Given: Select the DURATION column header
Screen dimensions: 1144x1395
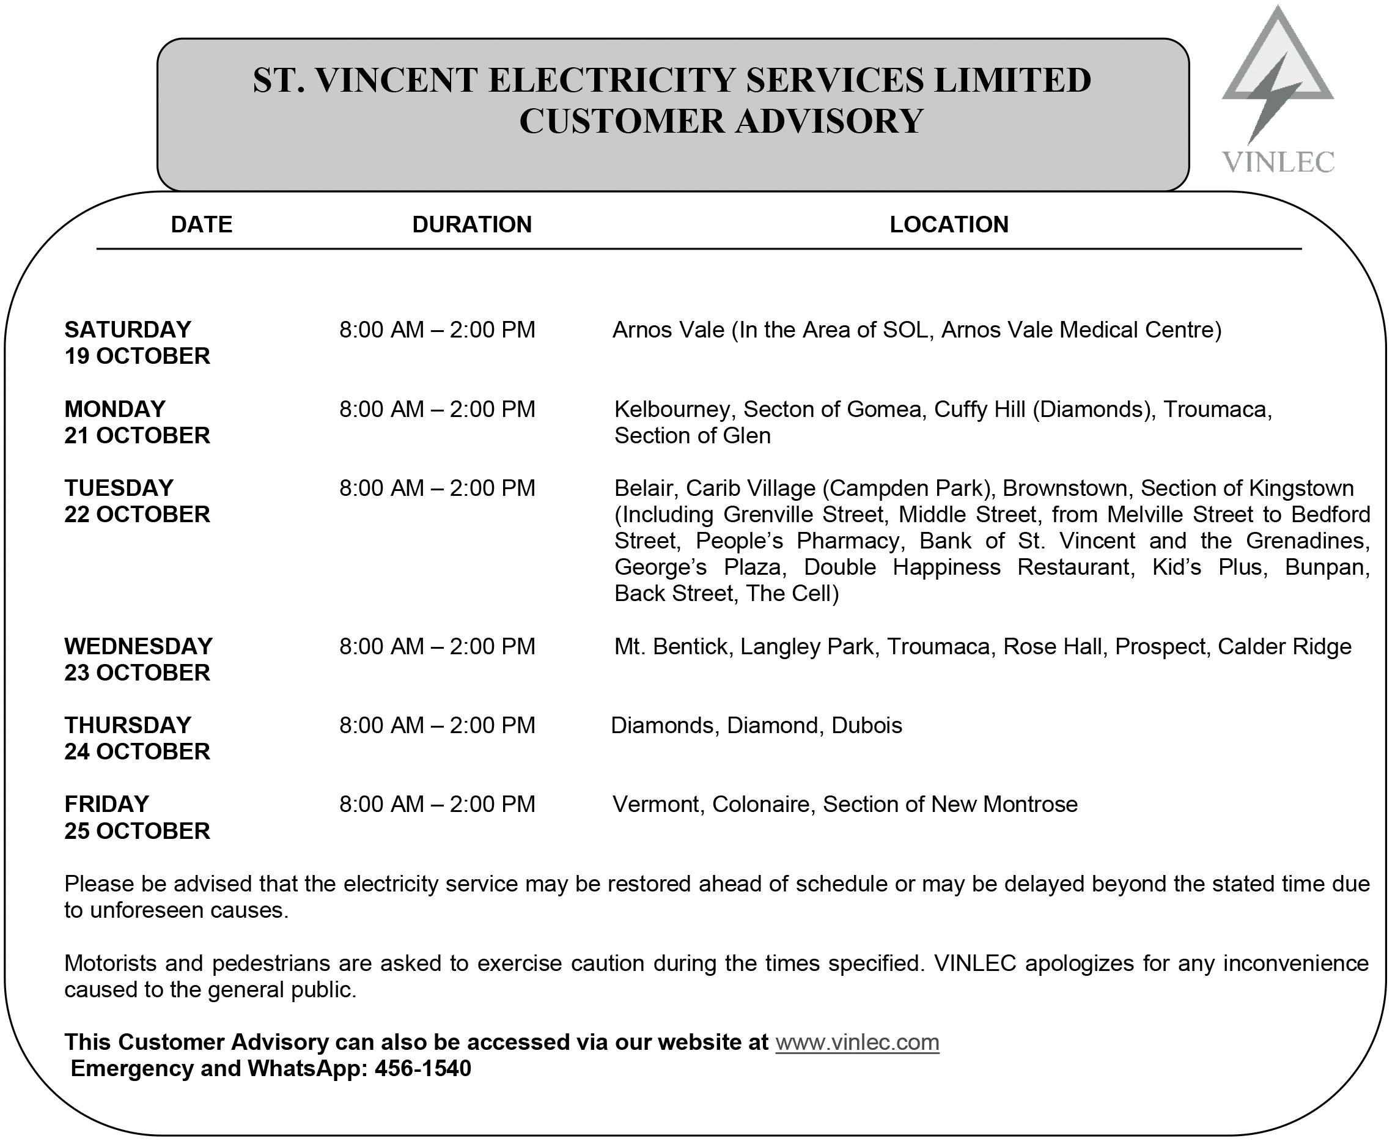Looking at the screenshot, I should click(x=472, y=225).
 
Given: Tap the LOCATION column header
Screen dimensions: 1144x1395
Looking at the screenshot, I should click(x=948, y=225).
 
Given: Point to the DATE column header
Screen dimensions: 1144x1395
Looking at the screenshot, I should click(x=201, y=225).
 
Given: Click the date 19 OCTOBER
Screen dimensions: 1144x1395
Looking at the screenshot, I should click(x=137, y=356).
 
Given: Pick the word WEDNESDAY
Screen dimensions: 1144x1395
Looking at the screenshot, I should click(x=138, y=646).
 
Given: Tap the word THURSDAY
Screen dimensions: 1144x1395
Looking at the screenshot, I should click(x=128, y=725).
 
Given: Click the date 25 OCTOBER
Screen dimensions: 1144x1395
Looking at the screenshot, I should click(x=137, y=831).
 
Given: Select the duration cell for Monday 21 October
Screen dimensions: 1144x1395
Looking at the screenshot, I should click(x=437, y=409).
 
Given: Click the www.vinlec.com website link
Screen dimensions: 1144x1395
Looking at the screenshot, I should click(x=856, y=1042).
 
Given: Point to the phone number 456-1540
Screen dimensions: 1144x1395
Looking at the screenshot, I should click(x=422, y=1068).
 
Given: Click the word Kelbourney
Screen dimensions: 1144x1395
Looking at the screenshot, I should click(x=671, y=409).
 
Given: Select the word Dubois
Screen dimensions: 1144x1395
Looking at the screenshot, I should click(x=866, y=725).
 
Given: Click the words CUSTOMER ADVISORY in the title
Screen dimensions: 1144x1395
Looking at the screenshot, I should click(x=721, y=121).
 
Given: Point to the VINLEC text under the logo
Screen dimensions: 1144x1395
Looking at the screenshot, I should click(x=1278, y=162).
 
